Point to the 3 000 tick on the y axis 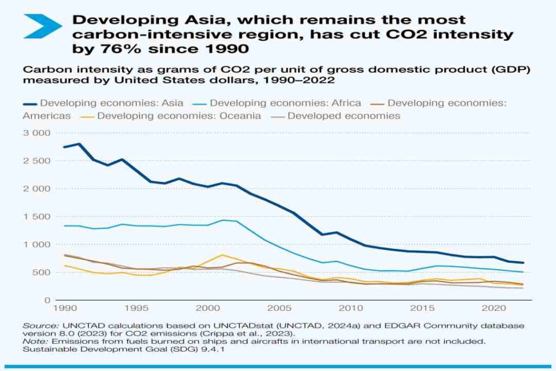[37, 133]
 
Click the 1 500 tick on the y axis [37, 216]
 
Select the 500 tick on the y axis [41, 272]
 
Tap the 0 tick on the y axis [47, 300]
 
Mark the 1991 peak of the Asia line [79, 144]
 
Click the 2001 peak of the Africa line [222, 220]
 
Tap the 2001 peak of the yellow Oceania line [222, 255]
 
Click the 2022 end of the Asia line [523, 262]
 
